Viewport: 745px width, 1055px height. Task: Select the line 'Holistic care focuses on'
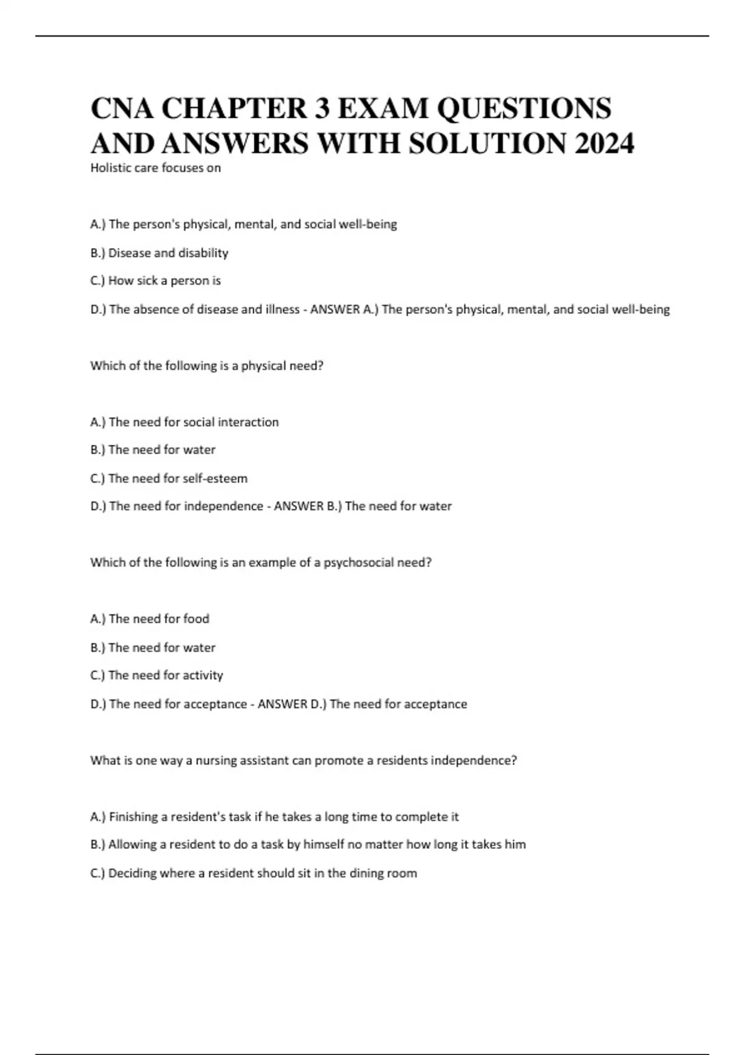tap(155, 168)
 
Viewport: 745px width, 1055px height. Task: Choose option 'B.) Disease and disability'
tap(159, 253)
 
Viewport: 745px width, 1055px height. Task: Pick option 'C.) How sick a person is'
tap(155, 281)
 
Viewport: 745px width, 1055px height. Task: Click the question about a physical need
tap(207, 366)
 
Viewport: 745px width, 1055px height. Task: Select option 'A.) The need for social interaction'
tap(184, 422)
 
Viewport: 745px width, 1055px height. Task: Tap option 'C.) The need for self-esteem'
tap(168, 478)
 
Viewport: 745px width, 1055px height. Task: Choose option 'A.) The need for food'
tap(150, 619)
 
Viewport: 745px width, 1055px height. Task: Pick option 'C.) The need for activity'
tap(156, 675)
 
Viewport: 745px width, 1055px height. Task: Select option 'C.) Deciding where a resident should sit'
tap(253, 873)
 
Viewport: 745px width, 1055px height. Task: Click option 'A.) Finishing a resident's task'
tap(274, 817)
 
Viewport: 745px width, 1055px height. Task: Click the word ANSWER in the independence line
tap(299, 506)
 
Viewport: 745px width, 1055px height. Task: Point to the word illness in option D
tap(282, 309)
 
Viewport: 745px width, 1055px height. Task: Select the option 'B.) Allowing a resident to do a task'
tap(308, 845)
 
